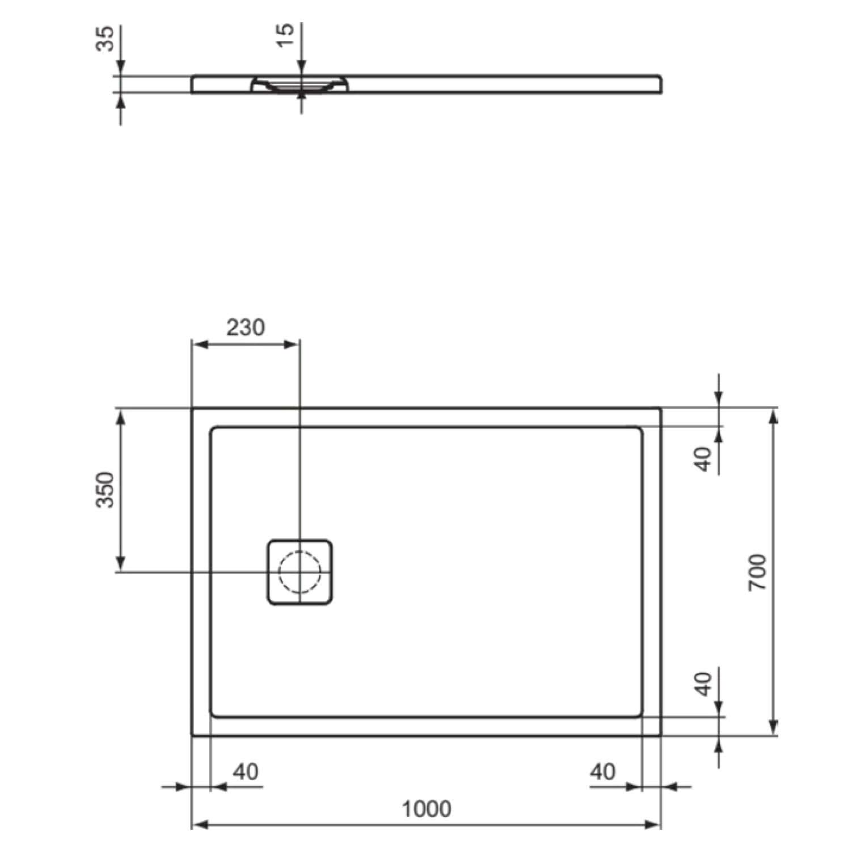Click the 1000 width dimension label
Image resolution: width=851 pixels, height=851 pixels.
coord(427,808)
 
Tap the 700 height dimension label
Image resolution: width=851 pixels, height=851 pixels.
coord(757,572)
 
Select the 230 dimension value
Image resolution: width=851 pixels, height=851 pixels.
coord(246,327)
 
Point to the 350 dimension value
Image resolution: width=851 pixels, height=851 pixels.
coord(105,489)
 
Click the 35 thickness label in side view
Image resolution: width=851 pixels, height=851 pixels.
coord(105,39)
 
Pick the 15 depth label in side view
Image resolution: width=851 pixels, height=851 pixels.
coord(287,35)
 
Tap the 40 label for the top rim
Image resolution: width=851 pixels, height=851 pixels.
coord(703,459)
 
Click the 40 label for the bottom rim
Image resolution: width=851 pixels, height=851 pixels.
coord(703,684)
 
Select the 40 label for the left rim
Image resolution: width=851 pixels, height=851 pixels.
coord(246,772)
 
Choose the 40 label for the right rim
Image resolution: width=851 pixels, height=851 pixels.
coord(603,772)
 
